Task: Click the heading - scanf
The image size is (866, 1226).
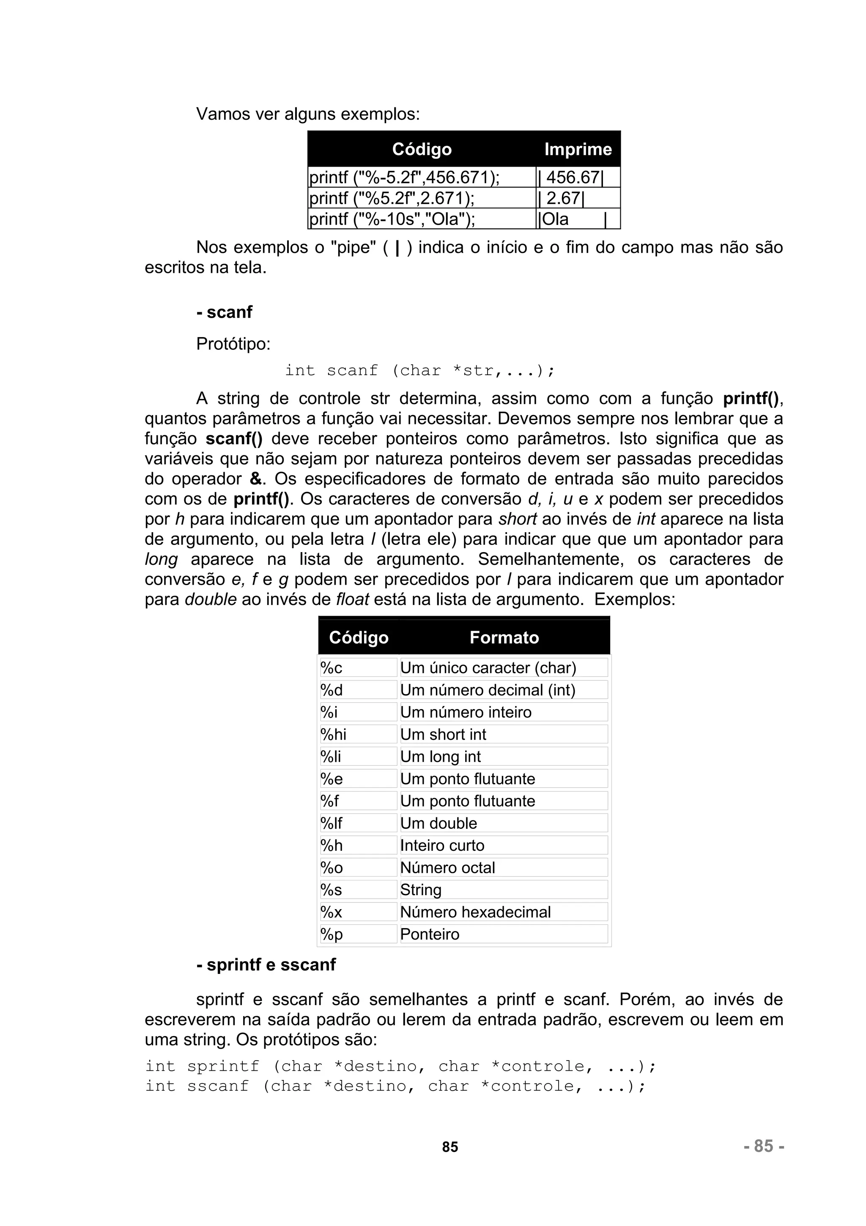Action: pyautogui.click(x=224, y=312)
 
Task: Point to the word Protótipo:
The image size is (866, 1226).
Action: pyautogui.click(x=233, y=344)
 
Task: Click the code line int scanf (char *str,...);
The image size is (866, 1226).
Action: pyautogui.click(x=419, y=371)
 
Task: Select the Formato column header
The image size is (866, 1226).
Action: pyautogui.click(x=504, y=638)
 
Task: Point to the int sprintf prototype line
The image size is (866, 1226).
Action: pyautogui.click(x=400, y=1067)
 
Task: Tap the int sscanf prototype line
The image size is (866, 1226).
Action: pyautogui.click(x=395, y=1086)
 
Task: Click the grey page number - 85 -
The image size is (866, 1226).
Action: pyautogui.click(x=764, y=1146)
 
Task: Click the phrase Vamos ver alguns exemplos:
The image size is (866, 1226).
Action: pyautogui.click(x=308, y=114)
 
